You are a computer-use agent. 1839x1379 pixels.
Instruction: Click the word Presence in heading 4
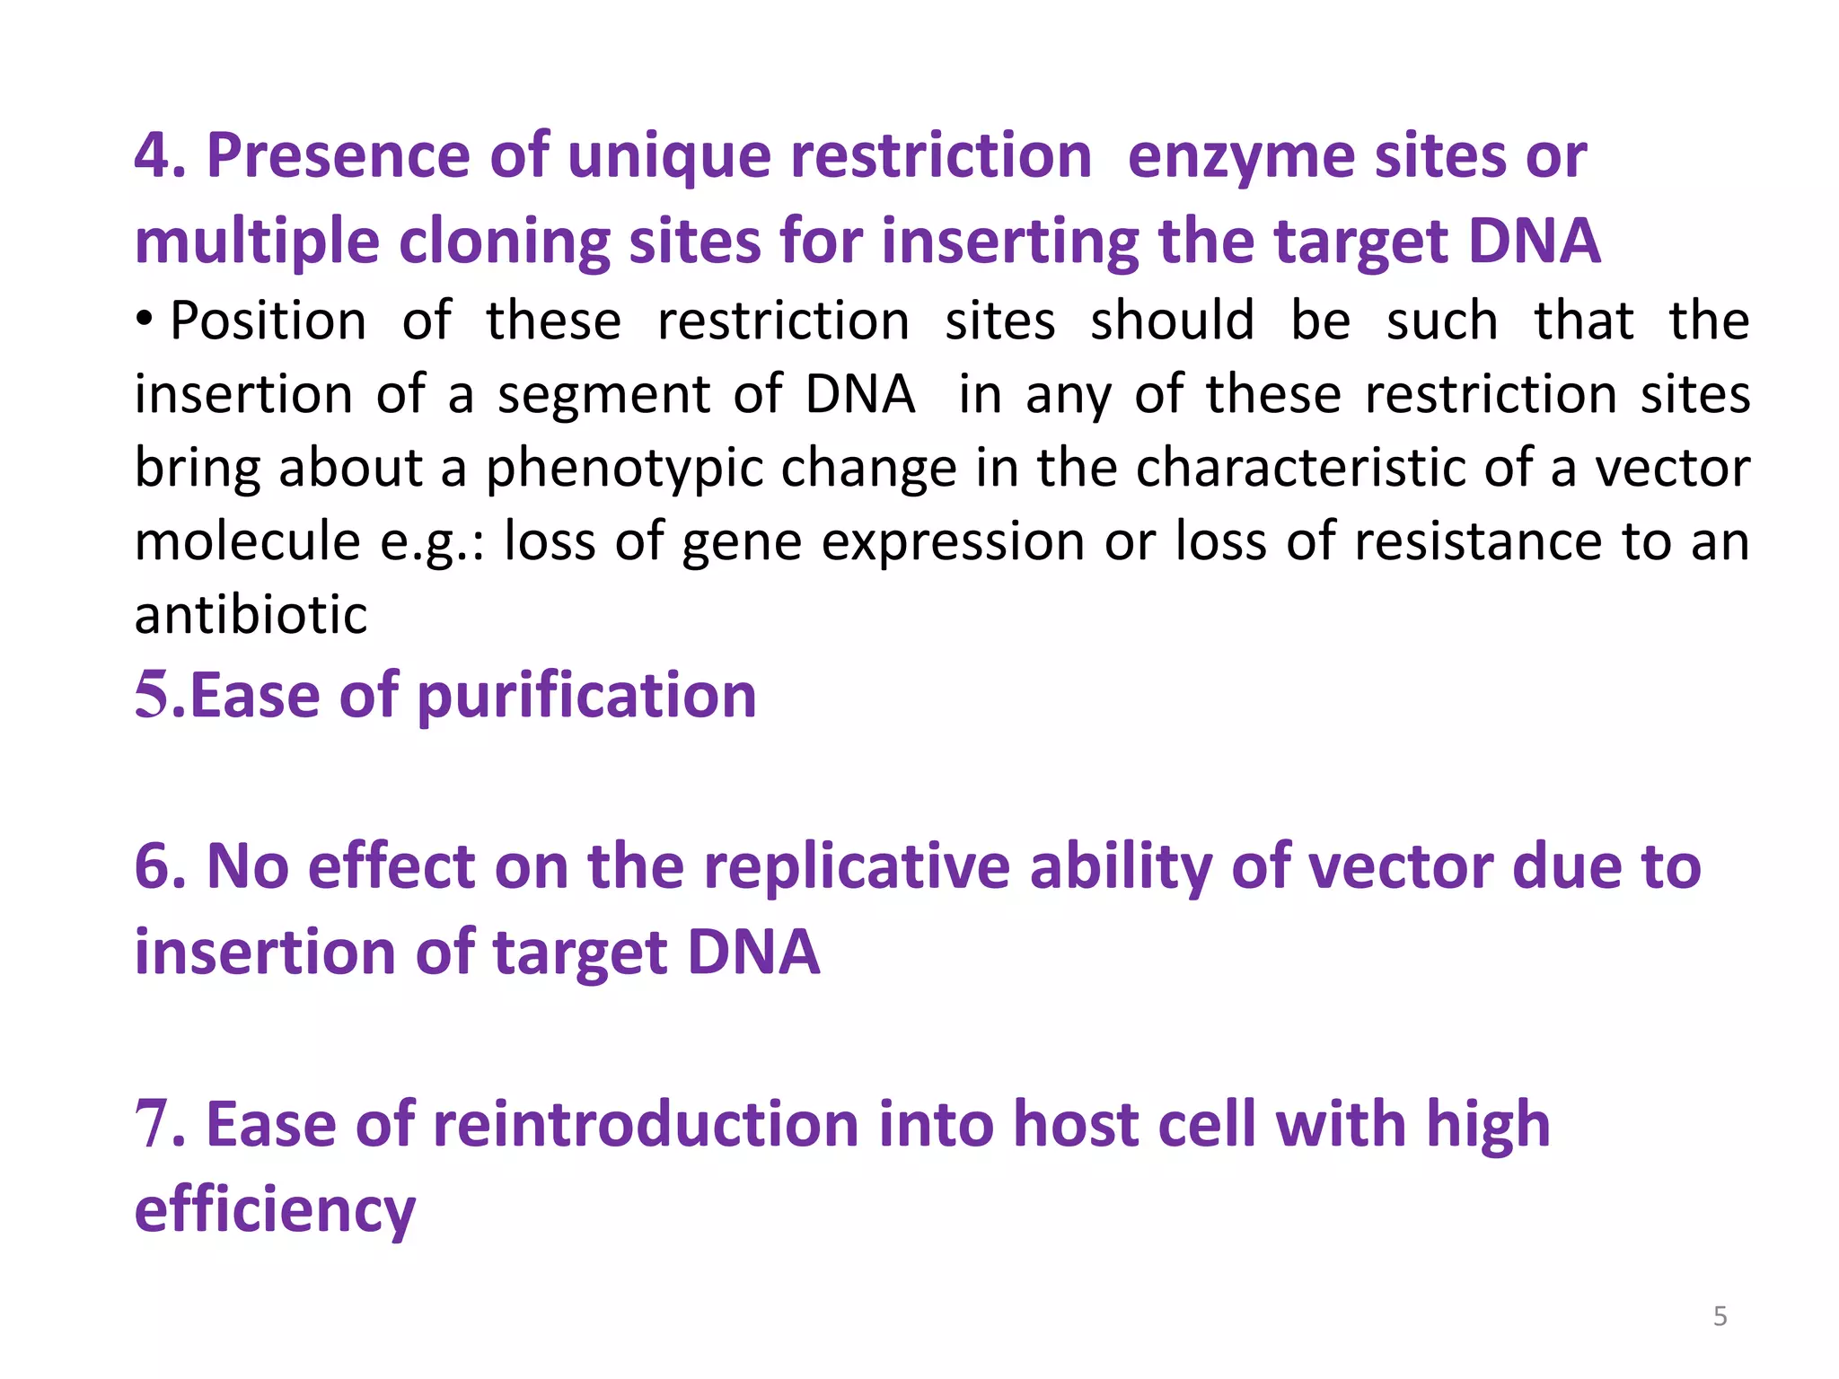tap(338, 156)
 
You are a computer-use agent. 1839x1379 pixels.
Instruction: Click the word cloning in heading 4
tap(504, 242)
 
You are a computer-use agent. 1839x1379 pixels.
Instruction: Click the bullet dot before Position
tap(145, 319)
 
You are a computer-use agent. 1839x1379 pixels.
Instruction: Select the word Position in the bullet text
tap(268, 321)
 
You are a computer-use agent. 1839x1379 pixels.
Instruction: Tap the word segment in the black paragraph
tap(604, 396)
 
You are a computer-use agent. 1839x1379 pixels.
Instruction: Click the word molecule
tap(247, 542)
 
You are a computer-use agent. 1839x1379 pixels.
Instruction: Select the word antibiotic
tap(251, 616)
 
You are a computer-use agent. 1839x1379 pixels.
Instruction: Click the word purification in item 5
tap(586, 697)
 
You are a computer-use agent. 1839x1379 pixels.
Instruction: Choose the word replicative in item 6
tap(857, 867)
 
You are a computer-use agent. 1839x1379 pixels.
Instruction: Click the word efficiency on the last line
tap(275, 1211)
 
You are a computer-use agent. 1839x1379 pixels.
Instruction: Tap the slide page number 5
tap(1720, 1316)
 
